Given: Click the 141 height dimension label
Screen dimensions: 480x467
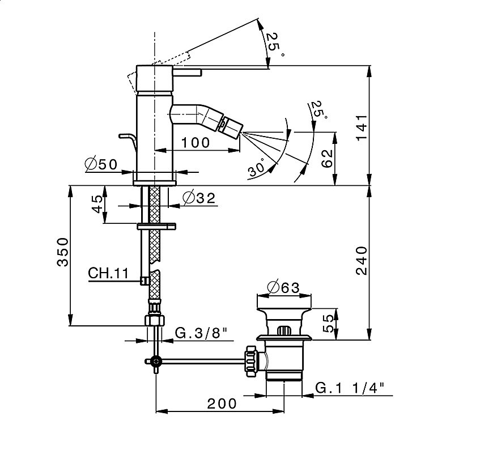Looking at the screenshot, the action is pos(361,127).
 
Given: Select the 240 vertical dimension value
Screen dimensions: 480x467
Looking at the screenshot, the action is pos(361,261).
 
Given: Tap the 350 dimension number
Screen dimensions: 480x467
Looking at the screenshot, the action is pos(63,252).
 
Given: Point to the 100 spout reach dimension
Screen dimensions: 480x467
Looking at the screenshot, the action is pos(196,142).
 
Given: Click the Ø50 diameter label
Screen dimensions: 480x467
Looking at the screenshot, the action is pos(101,164).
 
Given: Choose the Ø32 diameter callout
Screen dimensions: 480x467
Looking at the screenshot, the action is pos(199,198).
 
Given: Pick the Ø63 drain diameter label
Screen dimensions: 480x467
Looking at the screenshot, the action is pos(283,287).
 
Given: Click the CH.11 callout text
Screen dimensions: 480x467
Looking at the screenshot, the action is pos(108,273).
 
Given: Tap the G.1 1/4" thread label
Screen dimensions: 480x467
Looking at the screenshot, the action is pos(349,388).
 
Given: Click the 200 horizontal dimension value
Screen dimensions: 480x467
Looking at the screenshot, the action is pos(222,404).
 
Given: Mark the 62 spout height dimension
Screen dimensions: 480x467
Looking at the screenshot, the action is pos(327,158).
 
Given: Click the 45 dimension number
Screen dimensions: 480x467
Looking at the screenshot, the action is pos(97,203).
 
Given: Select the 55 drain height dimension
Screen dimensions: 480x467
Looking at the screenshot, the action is pos(328,324).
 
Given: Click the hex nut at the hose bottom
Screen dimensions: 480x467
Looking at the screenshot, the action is pos(154,320).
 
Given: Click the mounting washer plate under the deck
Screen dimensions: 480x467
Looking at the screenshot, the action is pos(156,226).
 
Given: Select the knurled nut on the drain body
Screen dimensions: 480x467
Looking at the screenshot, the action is pos(250,362).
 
